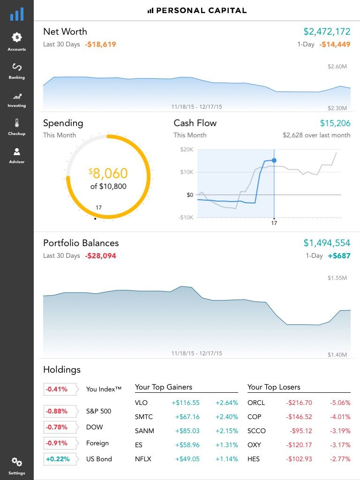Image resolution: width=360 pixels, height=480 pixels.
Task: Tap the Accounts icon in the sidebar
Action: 17,37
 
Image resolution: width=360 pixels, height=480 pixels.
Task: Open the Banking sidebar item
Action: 17,67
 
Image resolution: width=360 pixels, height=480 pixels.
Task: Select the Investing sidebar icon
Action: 17,97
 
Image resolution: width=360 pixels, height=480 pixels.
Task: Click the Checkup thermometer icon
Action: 17,123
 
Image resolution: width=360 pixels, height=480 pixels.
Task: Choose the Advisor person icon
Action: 17,152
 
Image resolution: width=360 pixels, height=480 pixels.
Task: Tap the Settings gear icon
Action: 17,463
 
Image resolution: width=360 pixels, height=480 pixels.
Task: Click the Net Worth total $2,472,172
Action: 327,32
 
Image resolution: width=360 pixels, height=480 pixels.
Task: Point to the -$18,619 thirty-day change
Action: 100,45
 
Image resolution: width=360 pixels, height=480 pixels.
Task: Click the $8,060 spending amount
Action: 108,173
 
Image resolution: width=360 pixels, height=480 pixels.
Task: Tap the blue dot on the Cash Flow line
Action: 274,161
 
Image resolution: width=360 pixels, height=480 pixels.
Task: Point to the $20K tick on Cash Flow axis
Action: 187,150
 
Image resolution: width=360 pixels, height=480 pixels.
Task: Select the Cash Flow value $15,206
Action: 335,123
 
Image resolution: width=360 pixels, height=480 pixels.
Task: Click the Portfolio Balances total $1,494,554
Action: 327,243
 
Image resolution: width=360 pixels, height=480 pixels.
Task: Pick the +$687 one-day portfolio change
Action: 339,256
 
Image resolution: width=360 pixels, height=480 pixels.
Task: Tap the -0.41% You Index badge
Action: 56,389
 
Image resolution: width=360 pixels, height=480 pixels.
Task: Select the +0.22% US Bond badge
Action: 58,459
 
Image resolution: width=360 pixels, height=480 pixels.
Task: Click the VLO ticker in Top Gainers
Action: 141,403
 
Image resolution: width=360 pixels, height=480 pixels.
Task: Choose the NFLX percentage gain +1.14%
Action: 226,459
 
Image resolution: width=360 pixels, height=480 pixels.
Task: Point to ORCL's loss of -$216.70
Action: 299,403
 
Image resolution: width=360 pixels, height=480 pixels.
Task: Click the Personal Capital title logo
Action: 197,10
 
